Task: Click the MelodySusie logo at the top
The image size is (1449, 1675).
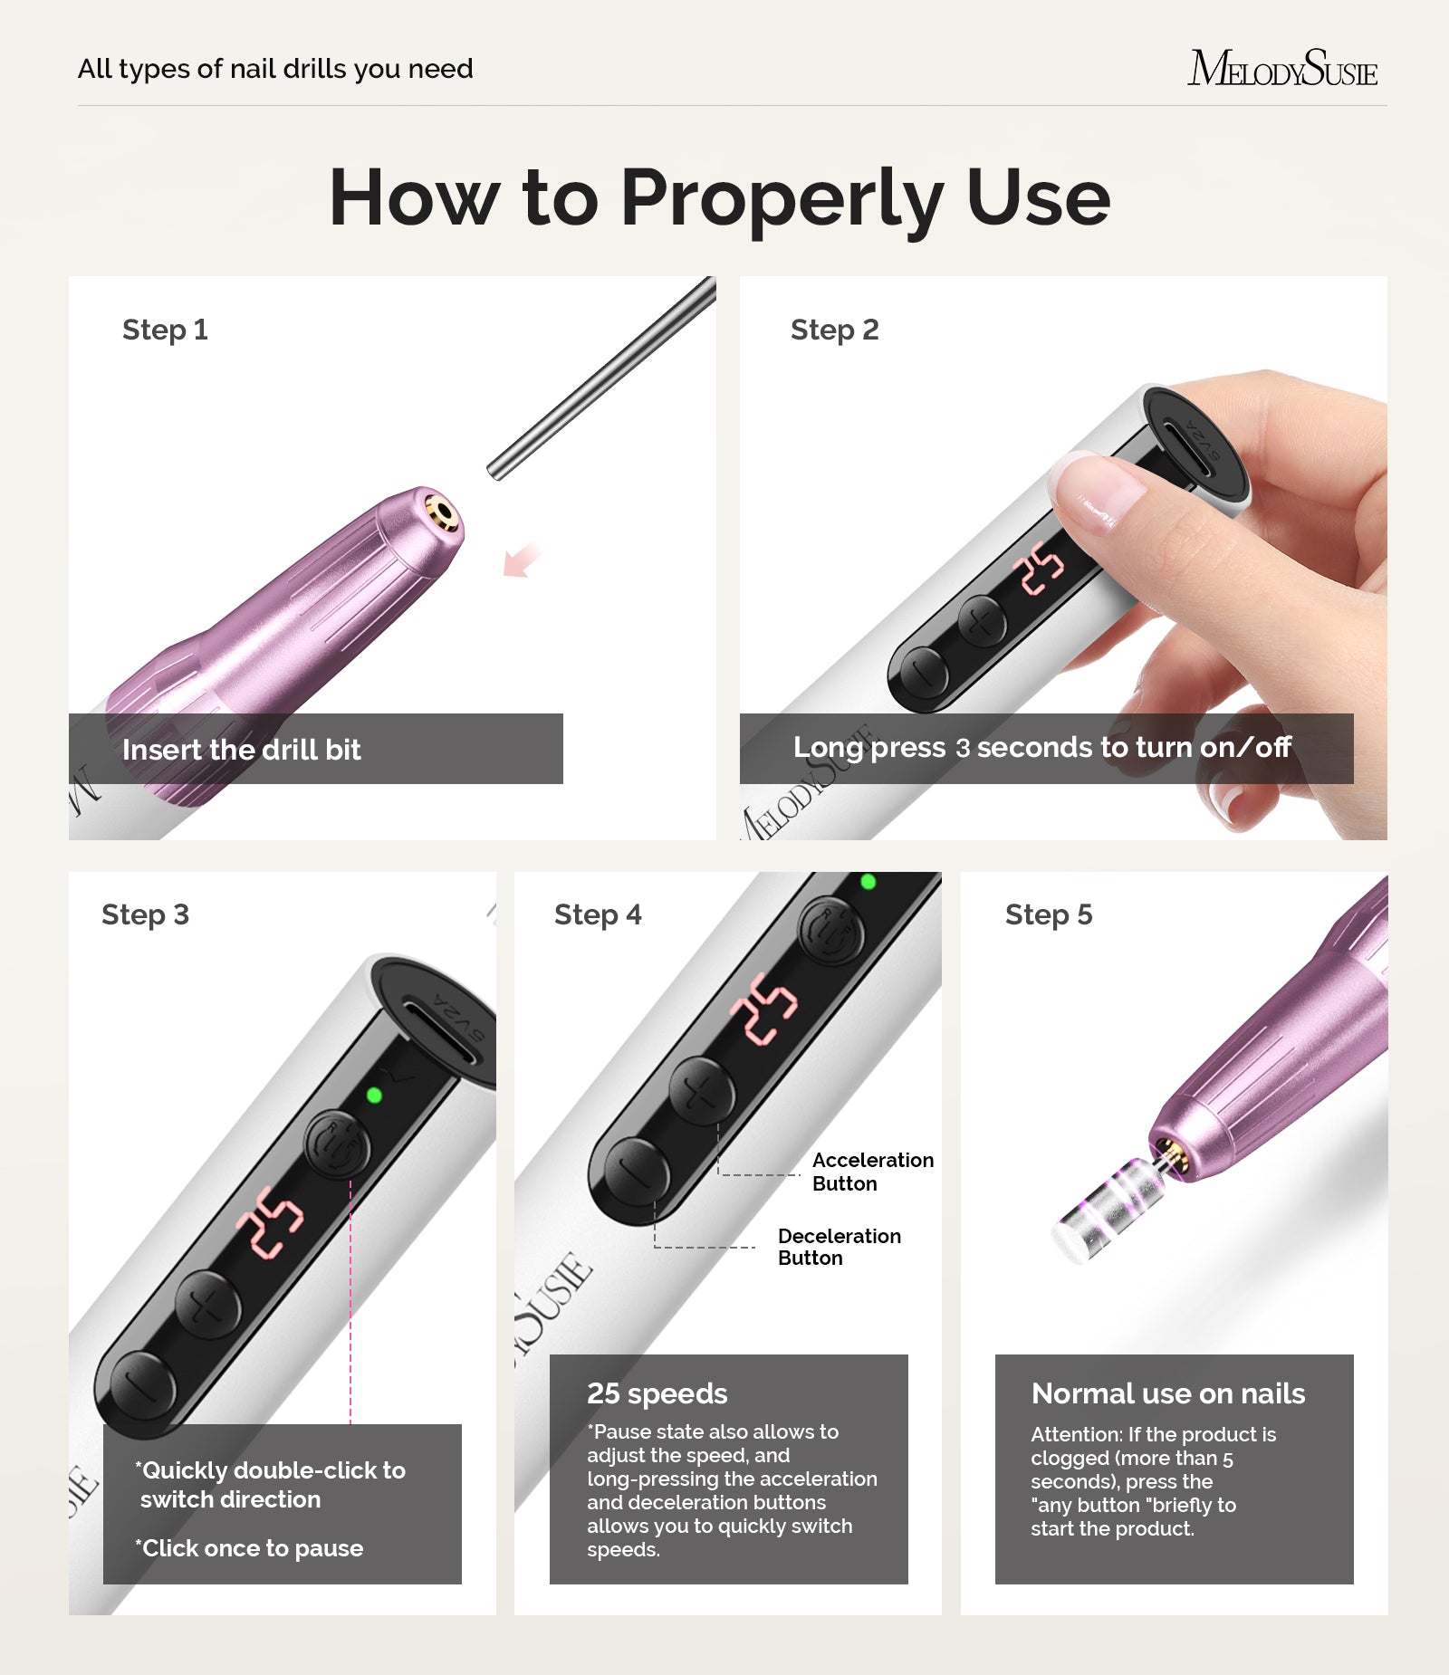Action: (x=1282, y=69)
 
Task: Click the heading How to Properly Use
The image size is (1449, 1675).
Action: (x=720, y=197)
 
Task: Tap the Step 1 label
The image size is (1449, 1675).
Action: (x=165, y=330)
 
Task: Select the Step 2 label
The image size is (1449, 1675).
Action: (x=834, y=330)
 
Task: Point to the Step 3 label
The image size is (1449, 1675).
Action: (x=145, y=915)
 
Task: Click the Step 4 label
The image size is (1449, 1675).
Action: (x=598, y=915)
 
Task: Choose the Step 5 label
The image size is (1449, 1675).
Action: (x=1049, y=915)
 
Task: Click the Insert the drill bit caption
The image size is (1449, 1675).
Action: (x=242, y=750)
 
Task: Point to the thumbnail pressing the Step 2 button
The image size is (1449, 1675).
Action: (x=1097, y=490)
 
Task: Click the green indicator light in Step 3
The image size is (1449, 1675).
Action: (x=374, y=1096)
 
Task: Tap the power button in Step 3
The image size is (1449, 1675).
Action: (x=336, y=1144)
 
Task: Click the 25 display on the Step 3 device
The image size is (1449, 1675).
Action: (x=269, y=1221)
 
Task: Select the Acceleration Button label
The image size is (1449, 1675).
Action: (x=872, y=1172)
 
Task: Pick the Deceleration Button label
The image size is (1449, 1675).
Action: (x=839, y=1247)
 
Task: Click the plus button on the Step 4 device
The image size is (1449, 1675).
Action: (x=701, y=1092)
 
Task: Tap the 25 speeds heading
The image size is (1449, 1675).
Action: (x=657, y=1393)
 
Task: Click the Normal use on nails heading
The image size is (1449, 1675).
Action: (x=1168, y=1393)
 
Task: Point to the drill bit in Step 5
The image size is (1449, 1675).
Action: (x=1105, y=1209)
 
